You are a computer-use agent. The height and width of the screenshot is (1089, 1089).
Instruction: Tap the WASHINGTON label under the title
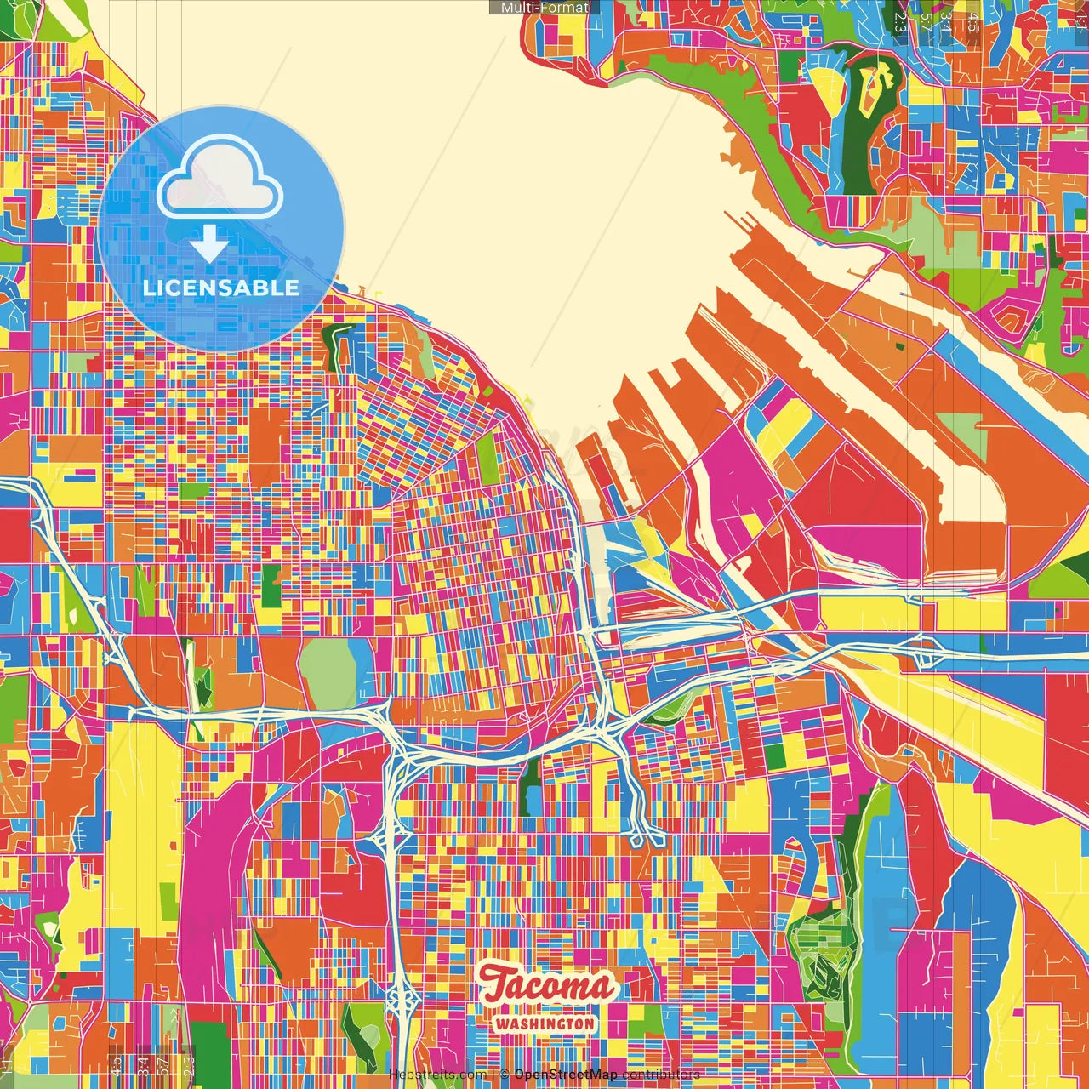tap(544, 1023)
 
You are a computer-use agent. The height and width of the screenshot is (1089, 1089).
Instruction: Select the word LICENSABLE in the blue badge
tap(221, 288)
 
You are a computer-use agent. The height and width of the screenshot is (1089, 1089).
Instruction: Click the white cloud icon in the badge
tap(220, 180)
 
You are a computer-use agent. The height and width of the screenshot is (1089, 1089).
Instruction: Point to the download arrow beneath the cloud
tap(209, 243)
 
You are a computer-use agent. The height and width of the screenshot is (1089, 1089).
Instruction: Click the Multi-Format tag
tap(544, 8)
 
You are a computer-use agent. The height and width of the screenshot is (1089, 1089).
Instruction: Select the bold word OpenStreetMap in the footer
tap(565, 1075)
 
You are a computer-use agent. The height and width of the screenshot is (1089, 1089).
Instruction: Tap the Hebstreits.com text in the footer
tap(437, 1075)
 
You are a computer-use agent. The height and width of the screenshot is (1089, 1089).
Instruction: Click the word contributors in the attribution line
tap(661, 1075)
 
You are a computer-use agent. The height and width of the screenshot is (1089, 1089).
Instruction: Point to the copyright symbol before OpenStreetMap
tap(505, 1075)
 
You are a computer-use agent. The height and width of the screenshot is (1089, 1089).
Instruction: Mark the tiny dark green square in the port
tap(901, 346)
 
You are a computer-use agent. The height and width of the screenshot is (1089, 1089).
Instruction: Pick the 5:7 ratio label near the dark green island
tap(926, 23)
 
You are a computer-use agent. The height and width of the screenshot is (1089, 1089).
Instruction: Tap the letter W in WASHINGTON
tap(502, 1023)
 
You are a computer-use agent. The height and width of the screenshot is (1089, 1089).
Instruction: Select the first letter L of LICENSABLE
tap(148, 288)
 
